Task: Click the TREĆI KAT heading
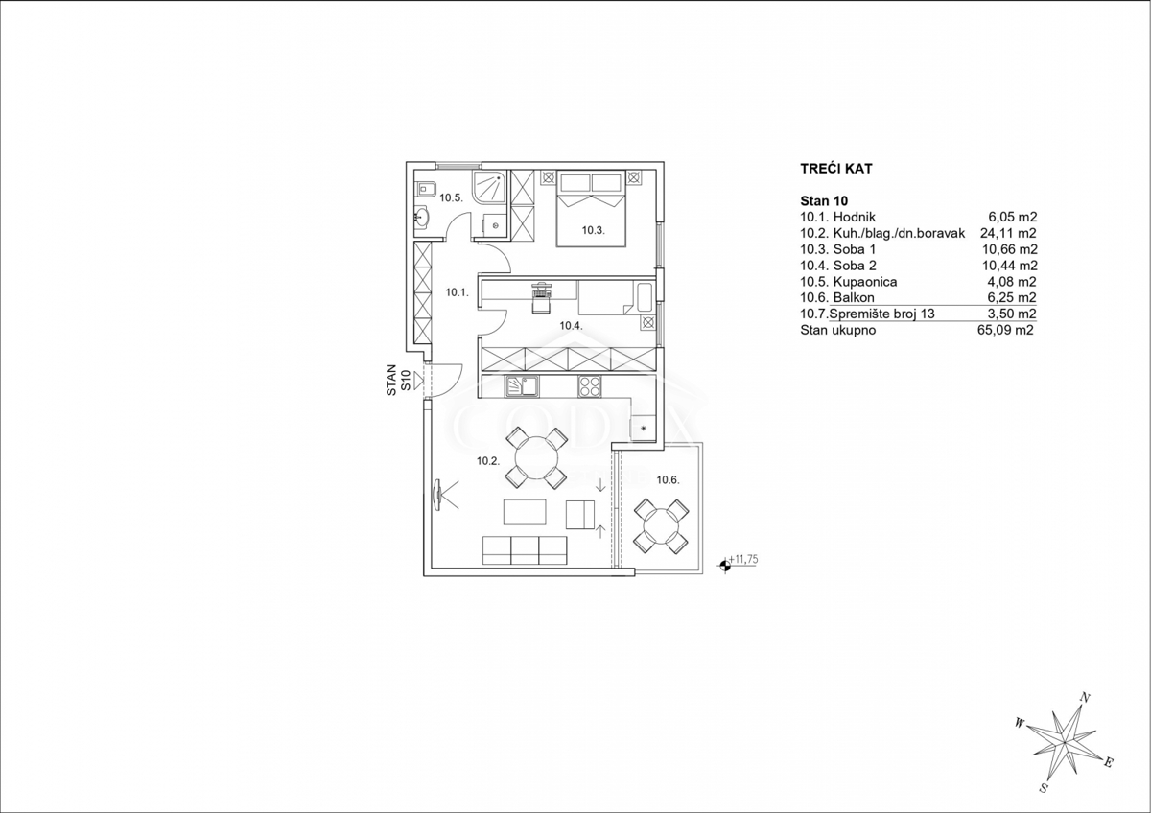pyautogui.click(x=836, y=169)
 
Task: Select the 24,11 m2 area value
pyautogui.click(x=1008, y=233)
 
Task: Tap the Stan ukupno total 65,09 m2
pyautogui.click(x=1004, y=330)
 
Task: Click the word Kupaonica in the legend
pyautogui.click(x=865, y=282)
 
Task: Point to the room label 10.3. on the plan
pyautogui.click(x=594, y=231)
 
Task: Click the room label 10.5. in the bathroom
pyautogui.click(x=452, y=198)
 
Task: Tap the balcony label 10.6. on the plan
pyautogui.click(x=668, y=480)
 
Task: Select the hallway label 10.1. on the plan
pyautogui.click(x=458, y=292)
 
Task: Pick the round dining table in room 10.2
pyautogui.click(x=537, y=458)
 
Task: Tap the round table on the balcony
pyautogui.click(x=661, y=526)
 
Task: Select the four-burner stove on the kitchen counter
pyautogui.click(x=589, y=386)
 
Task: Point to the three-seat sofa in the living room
pyautogui.click(x=525, y=550)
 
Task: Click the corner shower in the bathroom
pyautogui.click(x=490, y=188)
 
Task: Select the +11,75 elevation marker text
pyautogui.click(x=743, y=559)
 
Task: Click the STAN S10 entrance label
pyautogui.click(x=399, y=381)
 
